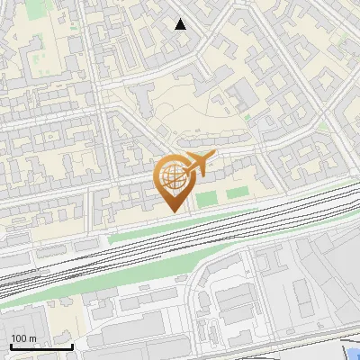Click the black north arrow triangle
point(181,24)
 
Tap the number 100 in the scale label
point(20,338)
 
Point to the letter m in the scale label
point(32,338)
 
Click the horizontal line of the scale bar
point(40,346)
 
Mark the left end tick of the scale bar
point(10,345)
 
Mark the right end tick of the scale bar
point(72,345)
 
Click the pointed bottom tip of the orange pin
point(173,211)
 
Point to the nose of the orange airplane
point(212,156)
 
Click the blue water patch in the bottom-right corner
point(354,354)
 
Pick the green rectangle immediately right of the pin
point(208,197)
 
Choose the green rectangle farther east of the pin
point(237,193)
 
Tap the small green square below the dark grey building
point(246,116)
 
